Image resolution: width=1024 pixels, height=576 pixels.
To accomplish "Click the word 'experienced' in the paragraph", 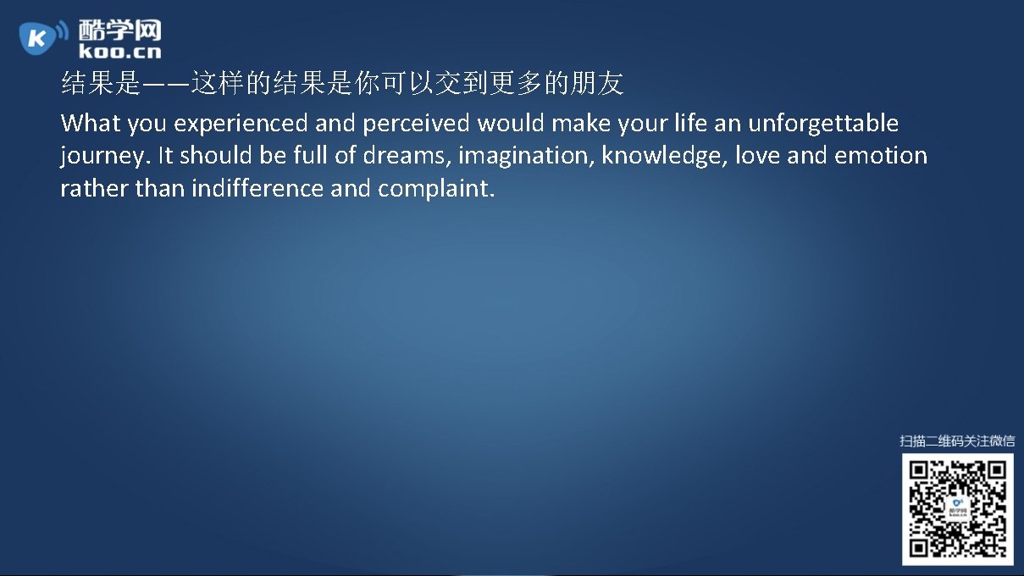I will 241,125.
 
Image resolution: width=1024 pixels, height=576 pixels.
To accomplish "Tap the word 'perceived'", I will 416,125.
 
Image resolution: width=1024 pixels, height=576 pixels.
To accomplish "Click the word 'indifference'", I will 257,188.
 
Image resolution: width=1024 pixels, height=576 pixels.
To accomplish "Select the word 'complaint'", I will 435,189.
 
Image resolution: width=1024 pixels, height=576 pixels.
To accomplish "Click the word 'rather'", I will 95,188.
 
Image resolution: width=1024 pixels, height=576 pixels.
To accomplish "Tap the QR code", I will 957,509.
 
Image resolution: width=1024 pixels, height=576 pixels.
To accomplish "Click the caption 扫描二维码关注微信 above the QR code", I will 957,440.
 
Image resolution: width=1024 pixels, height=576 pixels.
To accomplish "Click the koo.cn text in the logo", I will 119,52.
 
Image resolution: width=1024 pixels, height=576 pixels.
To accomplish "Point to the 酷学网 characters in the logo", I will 119,30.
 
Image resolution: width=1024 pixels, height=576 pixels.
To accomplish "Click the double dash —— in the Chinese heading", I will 165,84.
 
